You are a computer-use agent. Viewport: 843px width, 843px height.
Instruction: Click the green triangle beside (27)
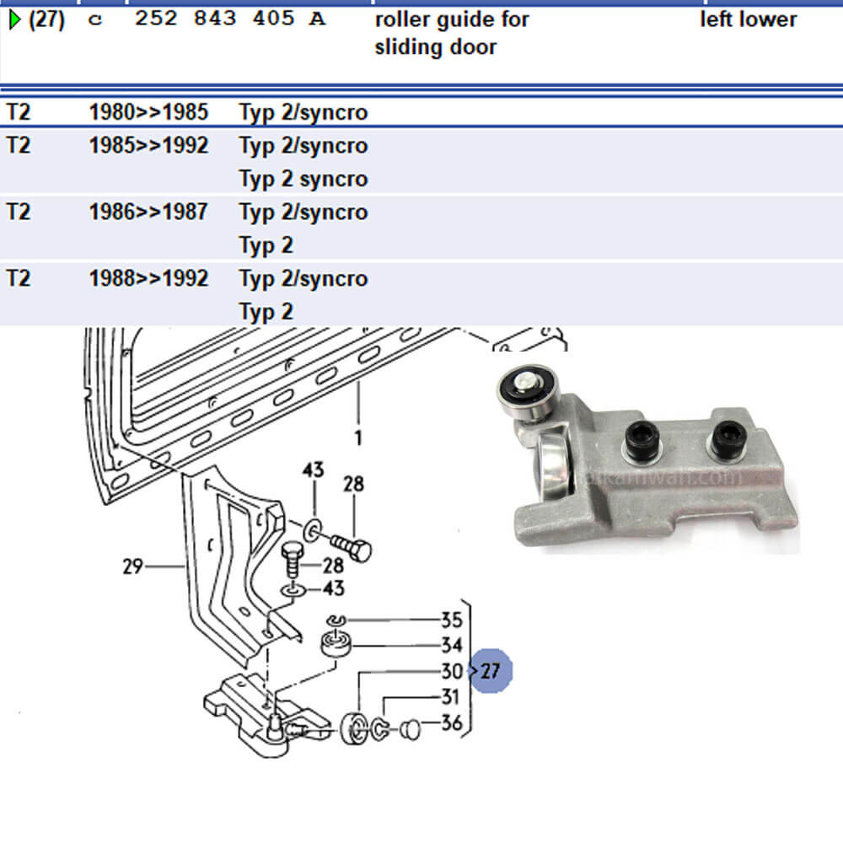point(14,20)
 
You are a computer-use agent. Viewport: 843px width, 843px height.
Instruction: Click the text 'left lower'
point(748,19)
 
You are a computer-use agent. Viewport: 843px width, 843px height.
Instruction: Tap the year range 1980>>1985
point(148,112)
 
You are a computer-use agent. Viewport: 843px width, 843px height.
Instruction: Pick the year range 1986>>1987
point(148,212)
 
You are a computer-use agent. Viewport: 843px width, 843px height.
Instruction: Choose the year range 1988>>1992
point(148,278)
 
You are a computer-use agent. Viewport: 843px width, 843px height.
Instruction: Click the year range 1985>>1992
point(148,145)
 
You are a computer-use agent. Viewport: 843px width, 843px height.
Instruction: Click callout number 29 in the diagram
point(132,566)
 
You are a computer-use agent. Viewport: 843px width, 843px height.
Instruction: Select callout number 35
point(451,620)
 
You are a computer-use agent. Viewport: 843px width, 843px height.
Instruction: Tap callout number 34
point(451,646)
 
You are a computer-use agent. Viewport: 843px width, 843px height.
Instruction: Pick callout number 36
point(451,722)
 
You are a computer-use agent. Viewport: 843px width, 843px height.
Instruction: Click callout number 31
point(451,697)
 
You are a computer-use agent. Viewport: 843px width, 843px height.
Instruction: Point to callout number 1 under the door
point(358,438)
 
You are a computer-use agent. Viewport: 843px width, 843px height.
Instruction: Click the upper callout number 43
point(313,470)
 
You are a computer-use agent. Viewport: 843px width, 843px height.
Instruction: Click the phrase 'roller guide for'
point(452,19)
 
